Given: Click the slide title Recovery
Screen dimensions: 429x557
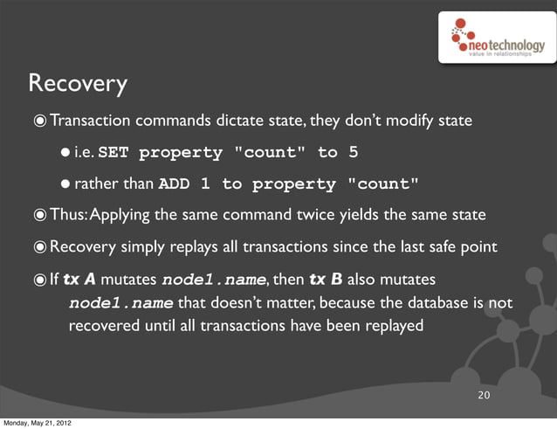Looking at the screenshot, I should click(79, 84).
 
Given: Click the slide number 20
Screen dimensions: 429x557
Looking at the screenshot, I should click(483, 398).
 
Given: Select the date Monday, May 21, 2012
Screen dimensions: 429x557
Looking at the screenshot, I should click(37, 423).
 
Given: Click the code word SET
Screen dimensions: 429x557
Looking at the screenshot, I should click(115, 153).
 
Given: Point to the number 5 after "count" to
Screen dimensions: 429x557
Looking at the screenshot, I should click(353, 153).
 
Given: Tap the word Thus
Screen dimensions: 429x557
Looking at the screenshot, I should click(68, 216).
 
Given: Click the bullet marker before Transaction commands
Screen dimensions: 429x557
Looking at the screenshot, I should click(41, 121).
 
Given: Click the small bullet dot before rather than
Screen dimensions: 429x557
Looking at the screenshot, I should click(65, 184).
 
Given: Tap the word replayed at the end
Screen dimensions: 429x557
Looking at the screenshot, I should click(394, 327).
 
